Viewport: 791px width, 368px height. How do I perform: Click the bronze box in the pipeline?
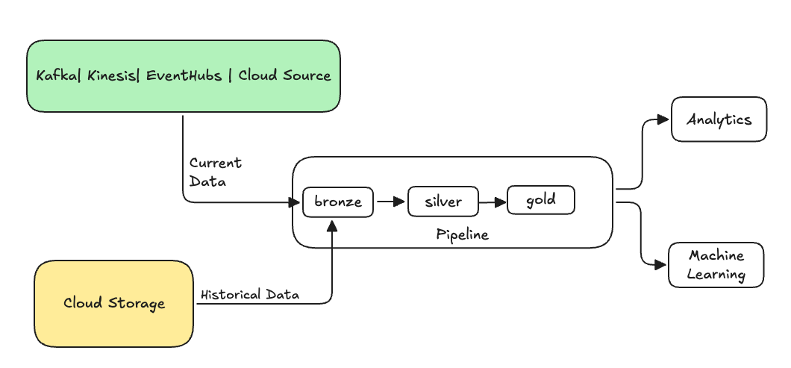pos(337,202)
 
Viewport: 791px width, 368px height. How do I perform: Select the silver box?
pos(443,202)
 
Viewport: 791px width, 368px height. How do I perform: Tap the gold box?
pos(541,200)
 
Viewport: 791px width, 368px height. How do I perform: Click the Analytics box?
pos(719,119)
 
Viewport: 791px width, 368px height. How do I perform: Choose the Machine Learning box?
pos(716,264)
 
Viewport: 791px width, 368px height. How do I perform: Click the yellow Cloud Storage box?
pos(113,303)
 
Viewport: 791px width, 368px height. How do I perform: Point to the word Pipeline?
pos(462,234)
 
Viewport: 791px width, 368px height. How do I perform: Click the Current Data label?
pos(215,172)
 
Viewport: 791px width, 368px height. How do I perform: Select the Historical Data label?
pos(249,295)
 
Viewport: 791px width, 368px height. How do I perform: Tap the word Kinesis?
pos(113,75)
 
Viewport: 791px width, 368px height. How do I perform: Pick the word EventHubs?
pos(184,75)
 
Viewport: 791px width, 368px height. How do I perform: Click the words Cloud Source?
pos(284,75)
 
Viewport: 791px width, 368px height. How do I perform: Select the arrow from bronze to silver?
pos(390,202)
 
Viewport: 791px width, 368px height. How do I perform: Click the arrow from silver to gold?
pos(493,201)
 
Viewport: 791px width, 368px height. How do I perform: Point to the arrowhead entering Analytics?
pos(662,119)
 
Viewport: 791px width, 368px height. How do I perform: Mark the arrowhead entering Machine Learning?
pos(660,264)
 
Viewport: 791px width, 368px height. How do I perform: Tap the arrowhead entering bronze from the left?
pos(295,202)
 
